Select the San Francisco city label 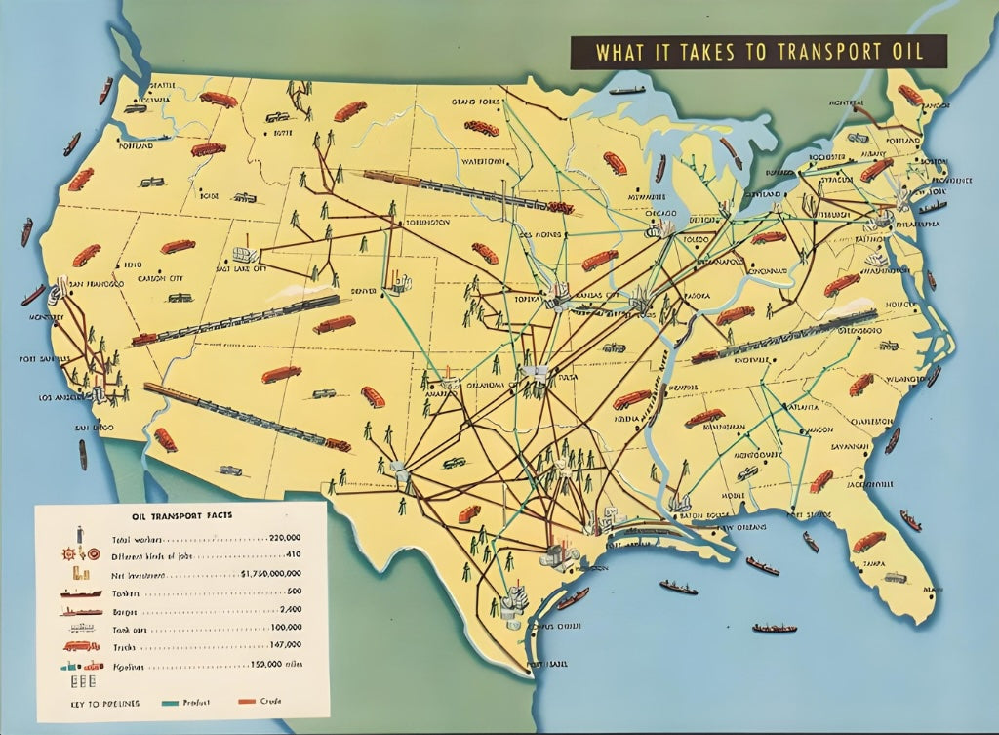click(93, 283)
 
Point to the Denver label click(363, 291)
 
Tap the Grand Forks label click(475, 102)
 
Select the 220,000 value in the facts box click(284, 537)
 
